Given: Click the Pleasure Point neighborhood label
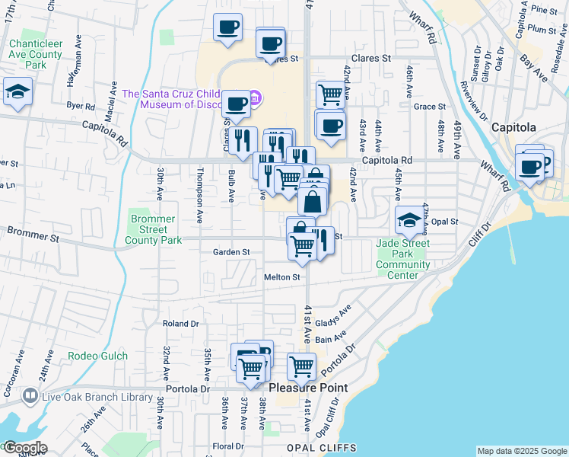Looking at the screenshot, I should pyautogui.click(x=309, y=388).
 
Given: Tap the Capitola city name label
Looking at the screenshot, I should pyautogui.click(x=513, y=127).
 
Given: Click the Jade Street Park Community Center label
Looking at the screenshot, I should pyautogui.click(x=402, y=259).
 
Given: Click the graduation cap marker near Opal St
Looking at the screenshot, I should pyautogui.click(x=408, y=220).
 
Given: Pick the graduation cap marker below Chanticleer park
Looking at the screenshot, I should pyautogui.click(x=16, y=92).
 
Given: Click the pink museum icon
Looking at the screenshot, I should pyautogui.click(x=255, y=97).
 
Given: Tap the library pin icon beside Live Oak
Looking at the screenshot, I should pyautogui.click(x=30, y=396).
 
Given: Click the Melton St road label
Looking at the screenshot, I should pyautogui.click(x=282, y=277).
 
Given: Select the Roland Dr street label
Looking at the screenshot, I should pyautogui.click(x=180, y=324).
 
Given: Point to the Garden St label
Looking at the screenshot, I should pyautogui.click(x=231, y=252).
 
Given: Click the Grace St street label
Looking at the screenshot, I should pyautogui.click(x=430, y=107).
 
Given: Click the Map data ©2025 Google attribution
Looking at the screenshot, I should pyautogui.click(x=521, y=451).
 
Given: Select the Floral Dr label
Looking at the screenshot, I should pyautogui.click(x=227, y=446).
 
